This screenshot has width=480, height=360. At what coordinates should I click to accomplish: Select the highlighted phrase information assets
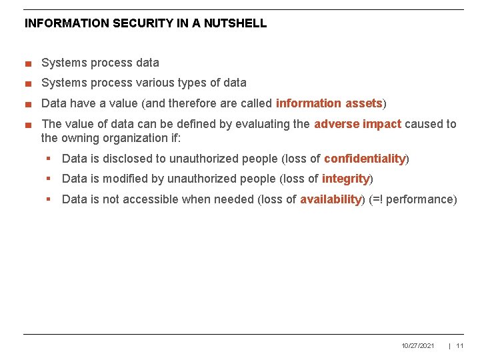[x=329, y=103]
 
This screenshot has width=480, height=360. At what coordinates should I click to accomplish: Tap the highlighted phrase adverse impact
[x=357, y=124]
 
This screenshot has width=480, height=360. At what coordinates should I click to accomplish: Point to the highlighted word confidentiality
[x=365, y=159]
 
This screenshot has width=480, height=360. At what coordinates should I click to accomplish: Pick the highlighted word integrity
[x=345, y=179]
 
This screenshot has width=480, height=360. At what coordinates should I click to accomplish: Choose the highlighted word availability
[x=330, y=199]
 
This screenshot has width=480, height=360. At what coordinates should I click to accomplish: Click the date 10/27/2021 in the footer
[x=418, y=345]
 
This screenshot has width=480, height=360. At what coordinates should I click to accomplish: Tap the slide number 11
[x=460, y=345]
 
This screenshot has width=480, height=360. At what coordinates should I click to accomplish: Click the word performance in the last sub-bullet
[x=423, y=199]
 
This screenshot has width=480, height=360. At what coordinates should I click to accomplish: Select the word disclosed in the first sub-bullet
[x=142, y=159]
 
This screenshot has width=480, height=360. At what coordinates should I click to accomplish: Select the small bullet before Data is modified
[x=49, y=179]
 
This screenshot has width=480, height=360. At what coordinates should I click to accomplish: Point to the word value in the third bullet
[x=111, y=103]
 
